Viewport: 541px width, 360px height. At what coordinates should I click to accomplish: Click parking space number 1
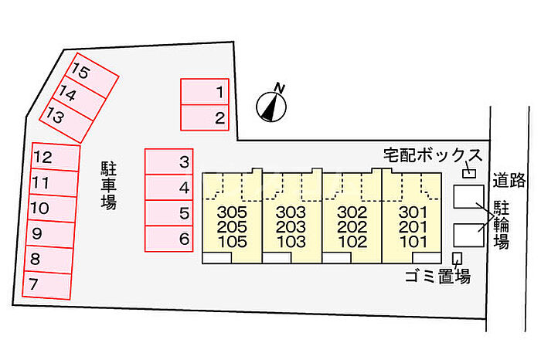click(206, 93)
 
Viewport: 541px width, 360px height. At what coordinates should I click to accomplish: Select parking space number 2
click(206, 117)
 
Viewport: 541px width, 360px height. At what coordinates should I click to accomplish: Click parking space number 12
click(55, 158)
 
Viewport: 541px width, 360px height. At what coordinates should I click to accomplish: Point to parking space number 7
click(55, 283)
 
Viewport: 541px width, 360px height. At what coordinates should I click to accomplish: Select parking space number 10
click(55, 208)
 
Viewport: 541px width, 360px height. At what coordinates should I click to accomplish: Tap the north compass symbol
click(270, 104)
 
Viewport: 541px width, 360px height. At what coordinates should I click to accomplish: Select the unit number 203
click(291, 227)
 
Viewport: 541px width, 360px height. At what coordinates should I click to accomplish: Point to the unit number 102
click(352, 242)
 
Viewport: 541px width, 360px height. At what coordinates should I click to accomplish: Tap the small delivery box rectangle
click(468, 174)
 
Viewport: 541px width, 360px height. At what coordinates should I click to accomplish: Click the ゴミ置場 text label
click(437, 277)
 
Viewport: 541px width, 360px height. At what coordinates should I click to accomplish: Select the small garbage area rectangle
click(457, 258)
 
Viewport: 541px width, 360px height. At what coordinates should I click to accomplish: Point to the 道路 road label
click(510, 180)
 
